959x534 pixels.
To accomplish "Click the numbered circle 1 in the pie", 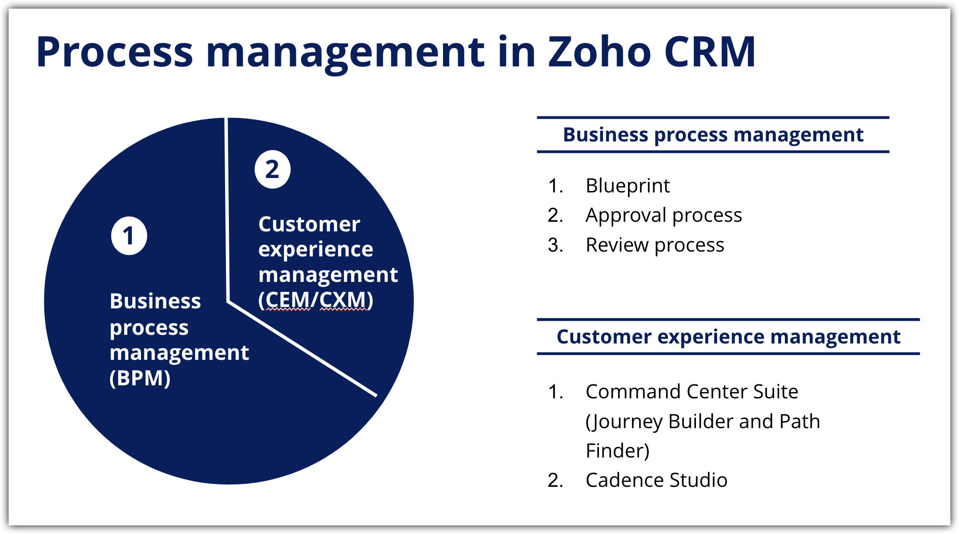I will tap(129, 236).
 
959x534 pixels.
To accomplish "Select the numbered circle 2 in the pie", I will tap(272, 169).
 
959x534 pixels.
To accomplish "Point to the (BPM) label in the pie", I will tap(140, 378).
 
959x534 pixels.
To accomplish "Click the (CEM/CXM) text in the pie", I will tap(315, 300).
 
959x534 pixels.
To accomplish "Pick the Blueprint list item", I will tap(627, 186).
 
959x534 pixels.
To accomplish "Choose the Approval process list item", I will tap(663, 215).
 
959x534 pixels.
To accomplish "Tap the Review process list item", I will tap(655, 245).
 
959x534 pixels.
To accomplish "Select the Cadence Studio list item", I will tap(656, 480).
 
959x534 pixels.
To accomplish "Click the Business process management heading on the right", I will tap(713, 135).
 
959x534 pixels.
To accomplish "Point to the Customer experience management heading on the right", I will tap(728, 337).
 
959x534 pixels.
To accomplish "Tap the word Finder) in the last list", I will tap(618, 451).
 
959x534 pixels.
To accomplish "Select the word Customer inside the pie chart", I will tap(309, 224).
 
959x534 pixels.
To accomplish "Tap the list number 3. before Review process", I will tap(555, 245).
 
